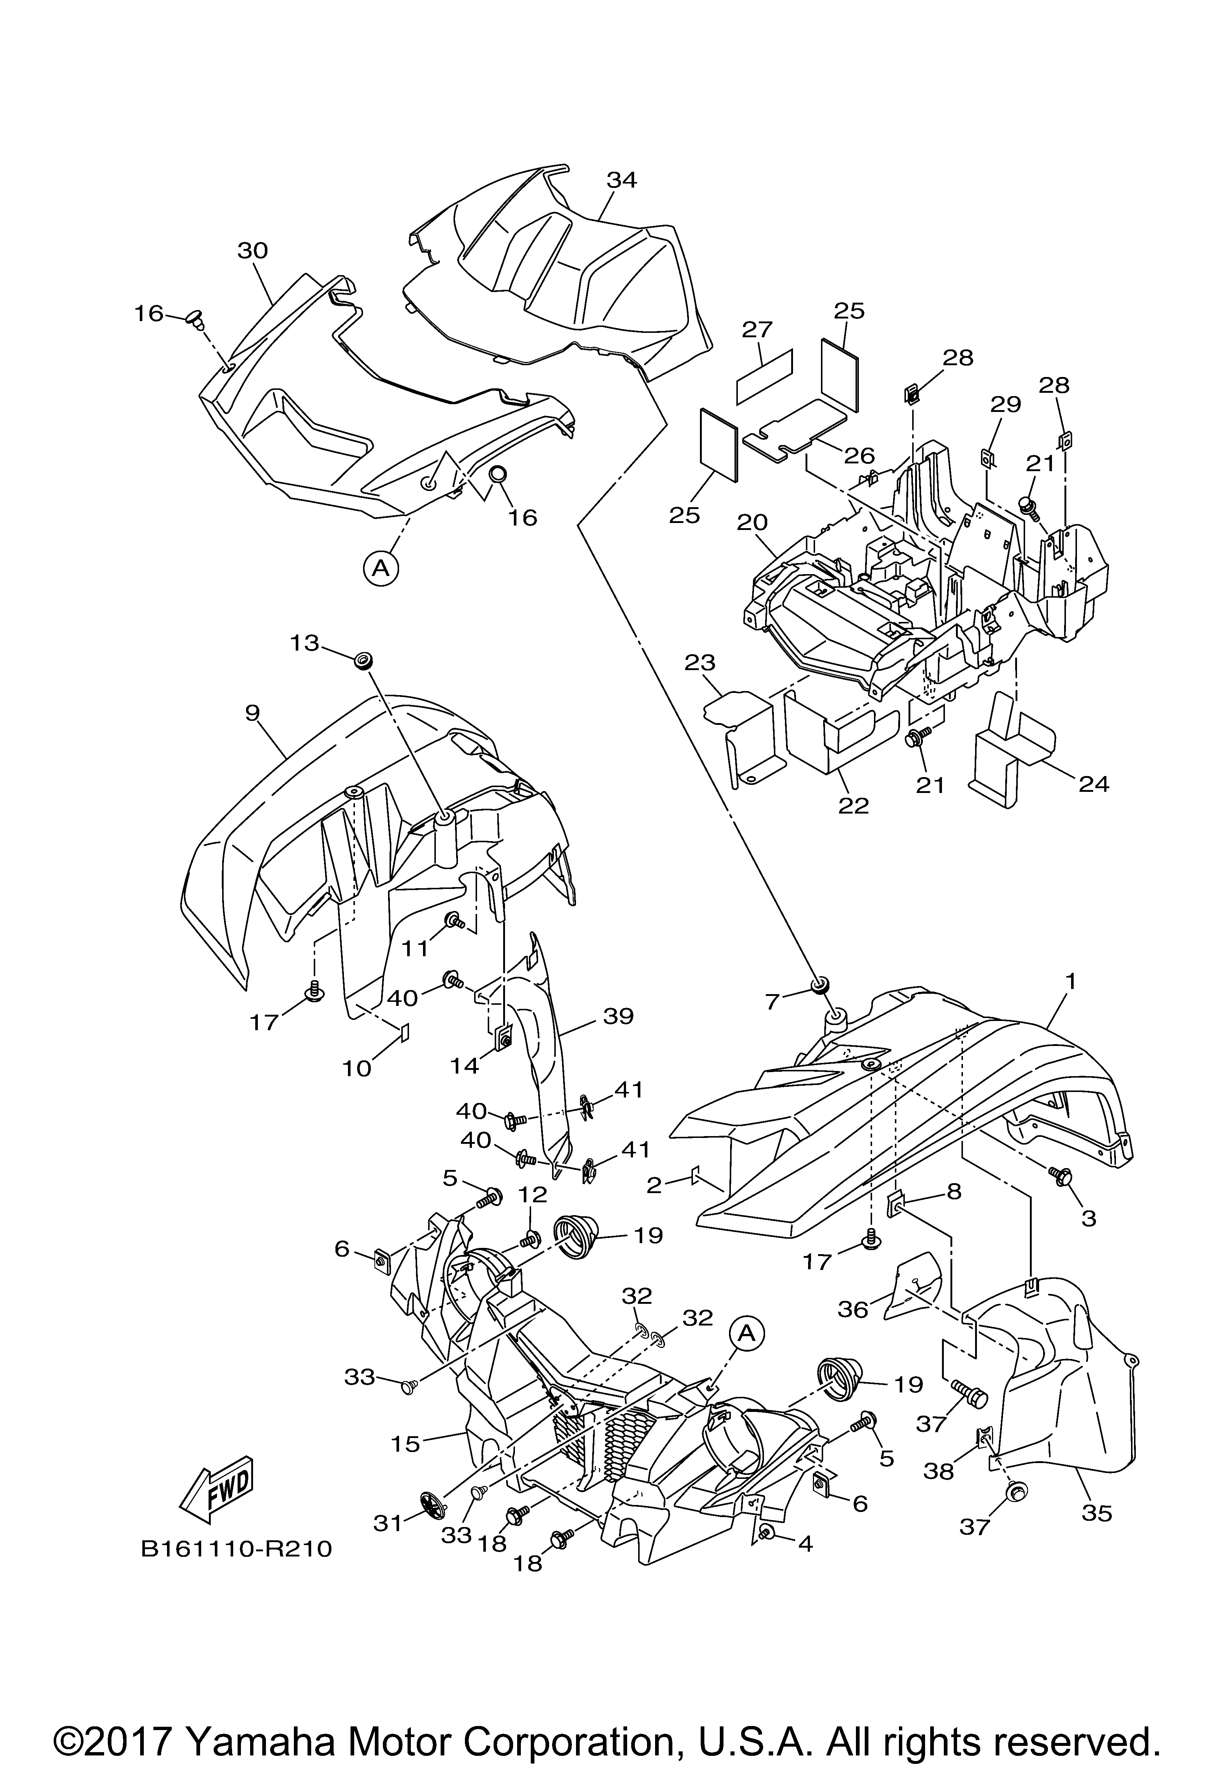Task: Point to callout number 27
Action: [x=757, y=330]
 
